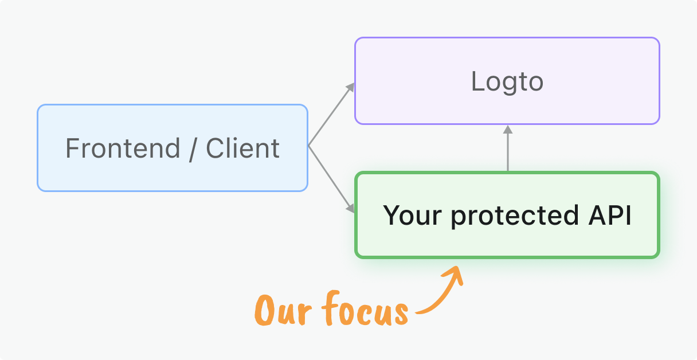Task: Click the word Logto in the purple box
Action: [x=507, y=81]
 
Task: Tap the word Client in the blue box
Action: [x=242, y=148]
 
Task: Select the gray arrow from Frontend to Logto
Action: [x=331, y=115]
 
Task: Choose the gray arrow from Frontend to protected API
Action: [x=330, y=177]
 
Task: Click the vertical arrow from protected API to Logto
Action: [x=507, y=150]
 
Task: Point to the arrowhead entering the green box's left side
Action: [x=350, y=209]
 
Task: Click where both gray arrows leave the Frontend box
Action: [x=309, y=146]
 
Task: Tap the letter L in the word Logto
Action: [x=476, y=81]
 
